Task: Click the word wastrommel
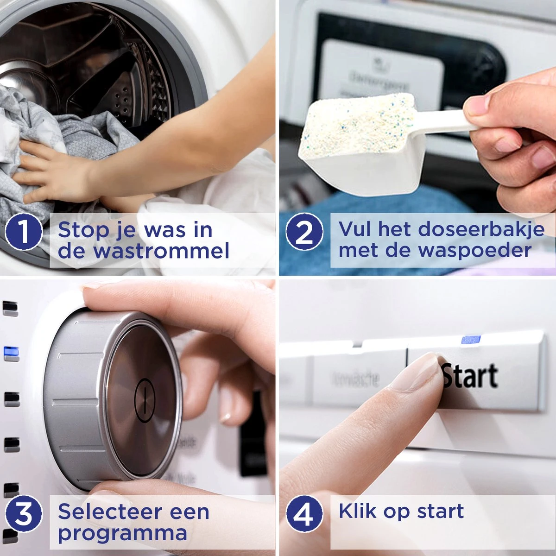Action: (x=162, y=251)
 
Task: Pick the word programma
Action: (x=122, y=533)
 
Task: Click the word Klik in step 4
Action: (x=358, y=511)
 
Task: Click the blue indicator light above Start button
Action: (x=470, y=340)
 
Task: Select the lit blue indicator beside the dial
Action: (x=11, y=354)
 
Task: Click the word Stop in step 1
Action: (x=84, y=230)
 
